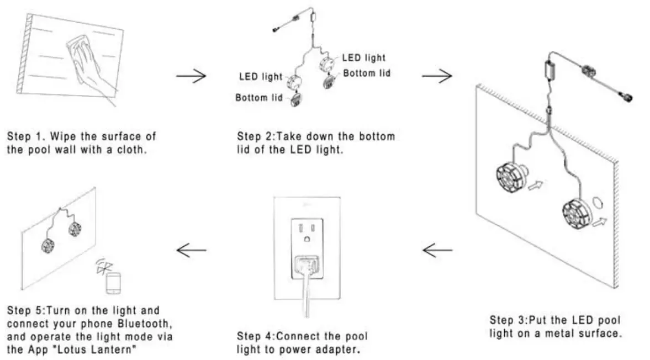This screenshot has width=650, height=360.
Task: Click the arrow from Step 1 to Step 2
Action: pyautogui.click(x=191, y=76)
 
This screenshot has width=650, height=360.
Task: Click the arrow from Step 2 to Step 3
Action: pyautogui.click(x=437, y=76)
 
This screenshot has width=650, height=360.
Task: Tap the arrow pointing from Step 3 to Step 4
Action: pyautogui.click(x=437, y=251)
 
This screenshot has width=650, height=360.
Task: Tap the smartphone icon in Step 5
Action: pyautogui.click(x=114, y=283)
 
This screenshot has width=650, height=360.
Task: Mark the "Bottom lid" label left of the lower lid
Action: pyautogui.click(x=258, y=98)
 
